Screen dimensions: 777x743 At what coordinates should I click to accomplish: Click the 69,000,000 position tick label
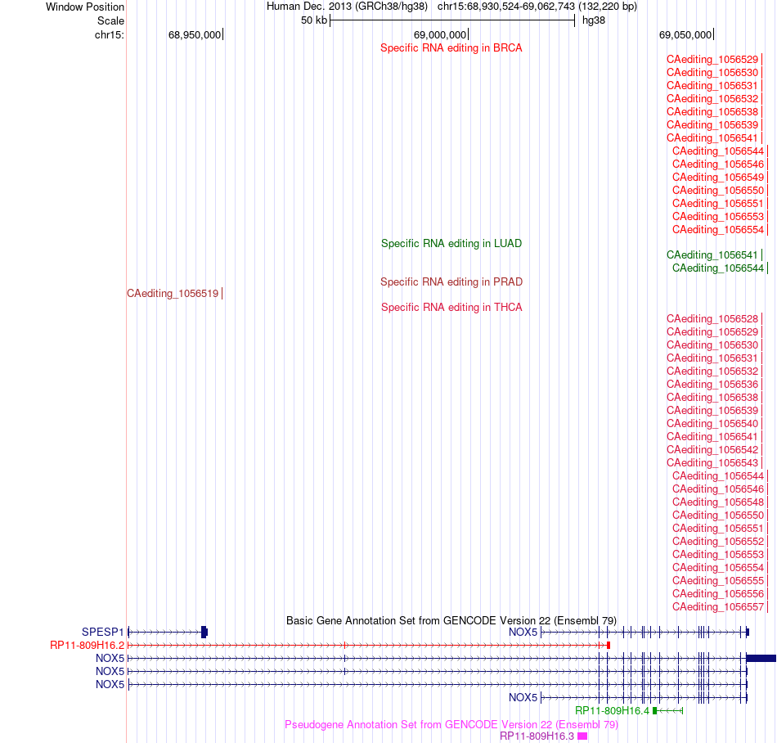(x=440, y=34)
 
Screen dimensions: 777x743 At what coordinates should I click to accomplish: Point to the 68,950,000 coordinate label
(x=195, y=34)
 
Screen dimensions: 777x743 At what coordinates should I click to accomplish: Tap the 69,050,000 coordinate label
(x=685, y=34)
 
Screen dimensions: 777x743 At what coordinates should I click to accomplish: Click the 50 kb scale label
(x=314, y=20)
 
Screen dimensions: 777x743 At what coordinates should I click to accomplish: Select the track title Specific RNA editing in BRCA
(x=451, y=48)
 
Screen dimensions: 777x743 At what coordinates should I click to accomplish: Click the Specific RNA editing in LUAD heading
(x=451, y=243)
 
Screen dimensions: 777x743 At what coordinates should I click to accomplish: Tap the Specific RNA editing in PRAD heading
(x=451, y=282)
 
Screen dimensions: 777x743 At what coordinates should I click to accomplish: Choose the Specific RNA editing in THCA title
(x=451, y=308)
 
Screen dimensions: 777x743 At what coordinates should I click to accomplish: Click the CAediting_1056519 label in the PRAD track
(x=173, y=294)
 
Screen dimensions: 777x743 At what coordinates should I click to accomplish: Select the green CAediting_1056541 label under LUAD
(x=712, y=254)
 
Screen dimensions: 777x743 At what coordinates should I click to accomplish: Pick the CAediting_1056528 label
(x=712, y=318)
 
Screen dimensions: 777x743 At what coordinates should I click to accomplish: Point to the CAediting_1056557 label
(x=718, y=606)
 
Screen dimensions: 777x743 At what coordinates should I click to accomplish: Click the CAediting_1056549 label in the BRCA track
(x=718, y=178)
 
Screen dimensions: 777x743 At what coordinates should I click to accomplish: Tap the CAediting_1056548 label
(x=718, y=502)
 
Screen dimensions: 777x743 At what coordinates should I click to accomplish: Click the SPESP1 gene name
(x=102, y=632)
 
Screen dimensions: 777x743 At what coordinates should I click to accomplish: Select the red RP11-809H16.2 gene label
(x=88, y=646)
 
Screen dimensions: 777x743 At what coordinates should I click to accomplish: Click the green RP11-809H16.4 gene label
(x=612, y=711)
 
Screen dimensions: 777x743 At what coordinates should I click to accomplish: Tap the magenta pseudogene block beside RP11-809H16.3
(x=582, y=736)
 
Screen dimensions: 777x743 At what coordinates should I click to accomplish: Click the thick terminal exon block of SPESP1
(x=204, y=632)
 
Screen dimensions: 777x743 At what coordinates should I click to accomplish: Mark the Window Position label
(x=85, y=7)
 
